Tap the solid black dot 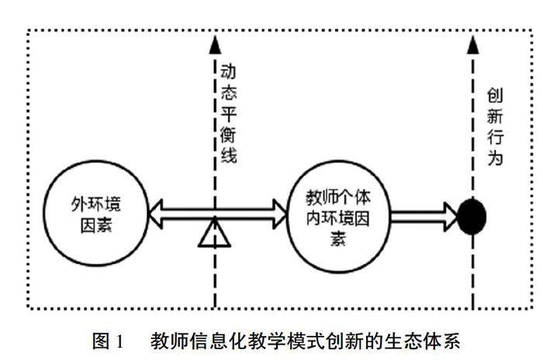coord(472,216)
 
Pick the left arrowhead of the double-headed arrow coord(154,210)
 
